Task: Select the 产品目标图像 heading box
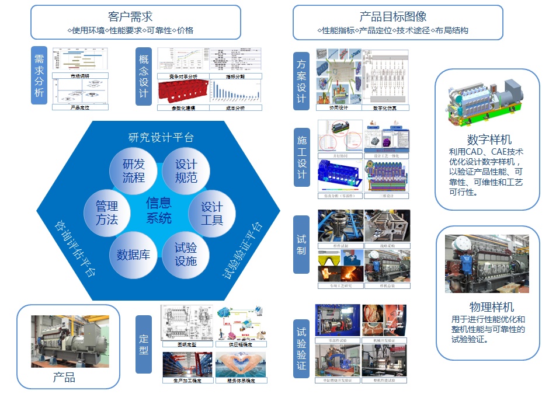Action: click(397, 22)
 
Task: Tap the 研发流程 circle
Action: click(133, 170)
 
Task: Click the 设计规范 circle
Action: click(186, 170)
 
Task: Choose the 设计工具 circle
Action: click(211, 214)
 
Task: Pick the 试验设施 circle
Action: click(186, 254)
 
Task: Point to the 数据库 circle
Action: click(133, 254)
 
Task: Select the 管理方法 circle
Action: click(107, 213)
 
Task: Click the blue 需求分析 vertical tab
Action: click(39, 76)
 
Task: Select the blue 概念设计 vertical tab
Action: click(144, 76)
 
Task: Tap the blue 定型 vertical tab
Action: click(144, 344)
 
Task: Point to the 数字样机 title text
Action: click(489, 140)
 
